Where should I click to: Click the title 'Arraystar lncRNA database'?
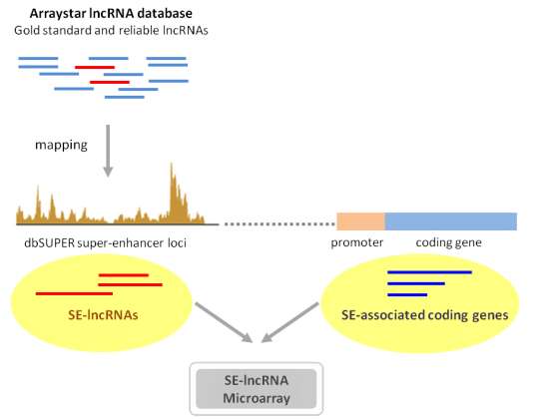[111, 13]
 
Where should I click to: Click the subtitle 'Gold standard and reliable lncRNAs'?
[111, 31]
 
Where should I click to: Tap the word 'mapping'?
[61, 145]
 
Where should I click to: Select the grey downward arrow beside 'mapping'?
[108, 151]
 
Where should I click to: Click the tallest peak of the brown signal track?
[172, 165]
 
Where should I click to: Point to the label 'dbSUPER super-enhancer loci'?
[105, 243]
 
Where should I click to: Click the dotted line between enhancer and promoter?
[279, 223]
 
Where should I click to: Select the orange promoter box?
[360, 221]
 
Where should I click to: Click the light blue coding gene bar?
[450, 221]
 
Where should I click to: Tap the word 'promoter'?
[356, 242]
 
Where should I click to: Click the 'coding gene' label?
[448, 242]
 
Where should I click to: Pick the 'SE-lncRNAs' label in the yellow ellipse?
[103, 315]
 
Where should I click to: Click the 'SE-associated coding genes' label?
[425, 315]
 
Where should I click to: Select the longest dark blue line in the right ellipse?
[429, 272]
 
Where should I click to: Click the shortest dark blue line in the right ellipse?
[407, 294]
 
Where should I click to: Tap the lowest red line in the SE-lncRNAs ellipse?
[74, 293]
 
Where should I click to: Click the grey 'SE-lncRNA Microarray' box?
[257, 389]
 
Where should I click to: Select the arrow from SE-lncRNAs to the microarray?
[225, 322]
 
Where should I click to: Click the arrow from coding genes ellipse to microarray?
[289, 322]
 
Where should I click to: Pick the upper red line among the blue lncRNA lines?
[95, 67]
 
